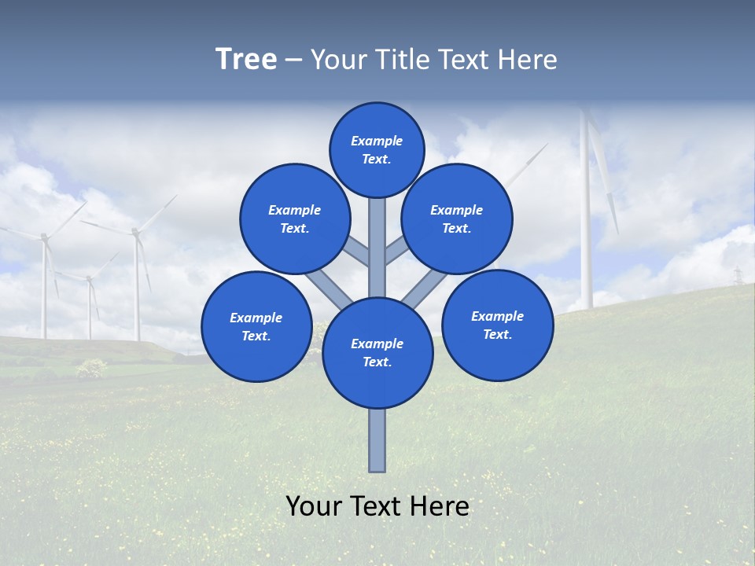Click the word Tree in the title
[x=246, y=60]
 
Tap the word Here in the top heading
[x=528, y=60]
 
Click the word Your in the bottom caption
[x=313, y=506]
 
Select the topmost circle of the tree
[x=377, y=149]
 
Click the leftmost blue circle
[x=256, y=326]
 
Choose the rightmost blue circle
[x=497, y=325]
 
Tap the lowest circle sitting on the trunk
[x=377, y=353]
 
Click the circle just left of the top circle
[x=295, y=219]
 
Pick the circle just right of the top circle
[x=457, y=219]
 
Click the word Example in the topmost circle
[x=377, y=141]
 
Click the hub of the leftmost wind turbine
[x=44, y=236]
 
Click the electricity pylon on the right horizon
[x=738, y=277]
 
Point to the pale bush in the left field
[x=92, y=367]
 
